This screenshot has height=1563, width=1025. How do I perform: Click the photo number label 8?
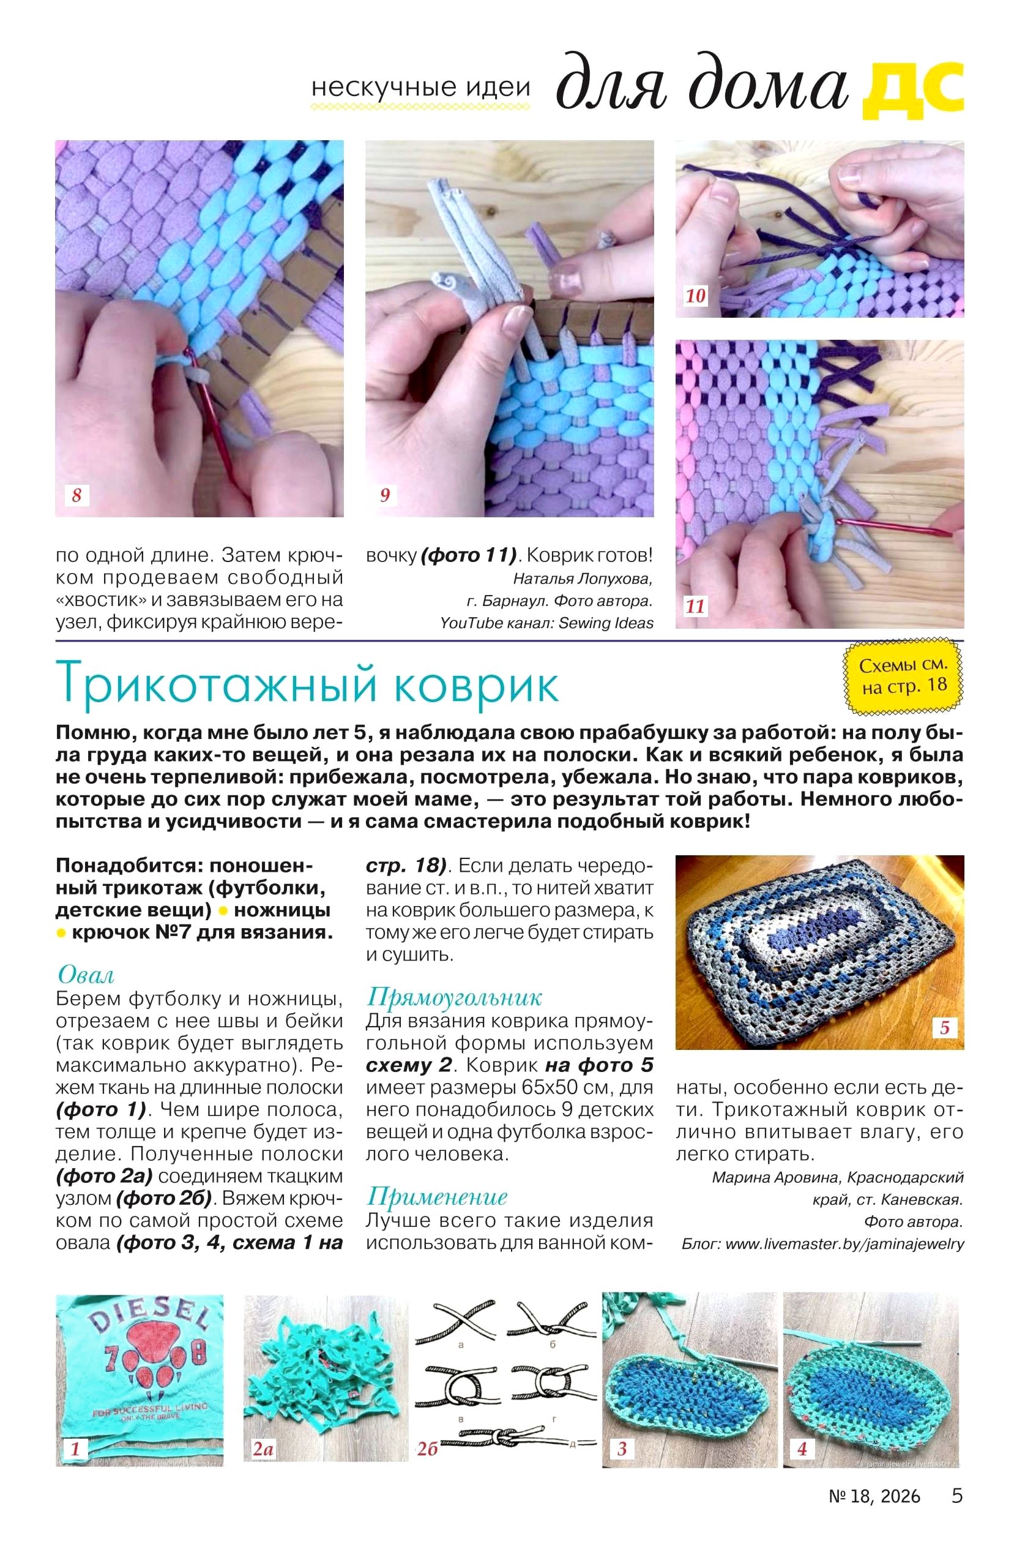76,495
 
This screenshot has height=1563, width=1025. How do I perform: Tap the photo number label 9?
385,495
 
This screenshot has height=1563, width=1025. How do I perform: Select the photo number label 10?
695,296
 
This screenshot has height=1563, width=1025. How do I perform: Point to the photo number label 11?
695,606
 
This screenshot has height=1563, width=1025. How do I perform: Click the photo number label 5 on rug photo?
944,1027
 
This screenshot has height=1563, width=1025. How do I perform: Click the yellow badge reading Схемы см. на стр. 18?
903,676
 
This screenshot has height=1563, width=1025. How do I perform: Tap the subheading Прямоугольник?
453,997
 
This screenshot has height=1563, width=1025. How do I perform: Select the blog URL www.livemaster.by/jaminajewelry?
844,1243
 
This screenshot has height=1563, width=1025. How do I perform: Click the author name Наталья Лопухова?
583,579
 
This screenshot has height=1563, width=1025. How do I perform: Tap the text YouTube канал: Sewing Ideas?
547,623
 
